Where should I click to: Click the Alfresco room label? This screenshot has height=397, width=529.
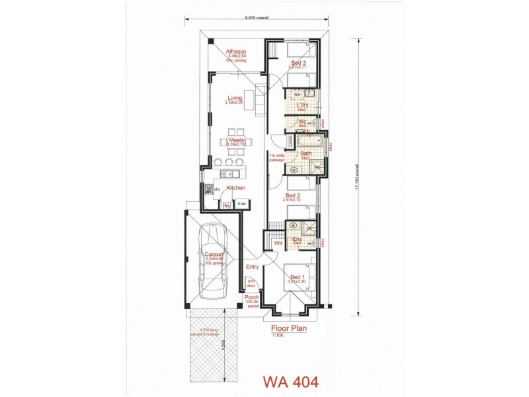[x=235, y=51]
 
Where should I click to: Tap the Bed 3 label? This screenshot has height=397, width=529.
[x=299, y=63]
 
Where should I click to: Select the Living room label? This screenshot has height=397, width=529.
[x=235, y=98]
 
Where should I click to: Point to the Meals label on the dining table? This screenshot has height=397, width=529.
[x=235, y=140]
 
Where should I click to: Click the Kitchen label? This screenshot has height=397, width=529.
[x=236, y=188]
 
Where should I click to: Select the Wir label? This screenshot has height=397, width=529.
[x=278, y=242]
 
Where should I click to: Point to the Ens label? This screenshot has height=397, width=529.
[x=297, y=239]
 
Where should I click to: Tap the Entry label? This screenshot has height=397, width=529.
[x=252, y=267]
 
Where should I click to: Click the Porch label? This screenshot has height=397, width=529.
[x=251, y=298]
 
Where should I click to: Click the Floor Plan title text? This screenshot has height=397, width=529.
[x=288, y=327]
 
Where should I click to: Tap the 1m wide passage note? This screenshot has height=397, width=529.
[x=276, y=157]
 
